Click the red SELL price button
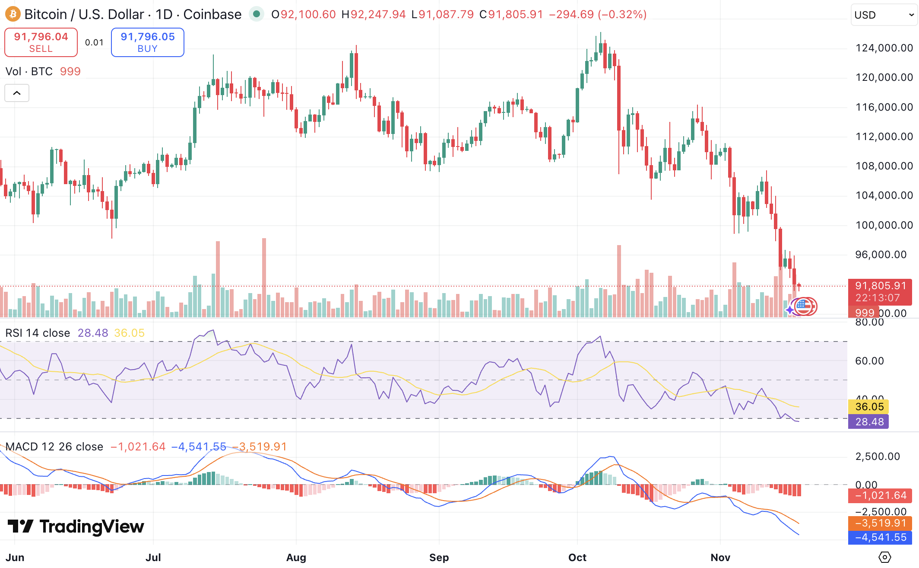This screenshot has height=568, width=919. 41,42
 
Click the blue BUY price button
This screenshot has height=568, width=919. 147,42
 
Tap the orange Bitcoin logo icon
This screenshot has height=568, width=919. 13,14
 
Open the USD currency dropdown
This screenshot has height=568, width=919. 884,15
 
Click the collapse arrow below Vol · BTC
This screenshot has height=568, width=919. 17,93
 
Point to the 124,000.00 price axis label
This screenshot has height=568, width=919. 884,48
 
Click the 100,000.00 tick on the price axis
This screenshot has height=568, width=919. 884,225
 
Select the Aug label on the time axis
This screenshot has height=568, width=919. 296,557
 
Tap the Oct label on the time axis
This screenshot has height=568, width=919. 577,557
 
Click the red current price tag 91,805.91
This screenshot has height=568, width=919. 880,286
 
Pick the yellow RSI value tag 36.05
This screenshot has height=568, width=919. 869,407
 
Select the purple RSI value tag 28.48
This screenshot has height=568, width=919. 869,422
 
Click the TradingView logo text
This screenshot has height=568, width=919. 91,527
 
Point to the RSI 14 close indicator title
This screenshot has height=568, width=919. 38,333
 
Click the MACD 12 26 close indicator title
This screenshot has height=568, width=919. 54,447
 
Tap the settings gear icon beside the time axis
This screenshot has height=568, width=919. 884,557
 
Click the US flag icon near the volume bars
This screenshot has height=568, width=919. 804,306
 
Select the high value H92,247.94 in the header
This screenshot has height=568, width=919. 374,15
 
